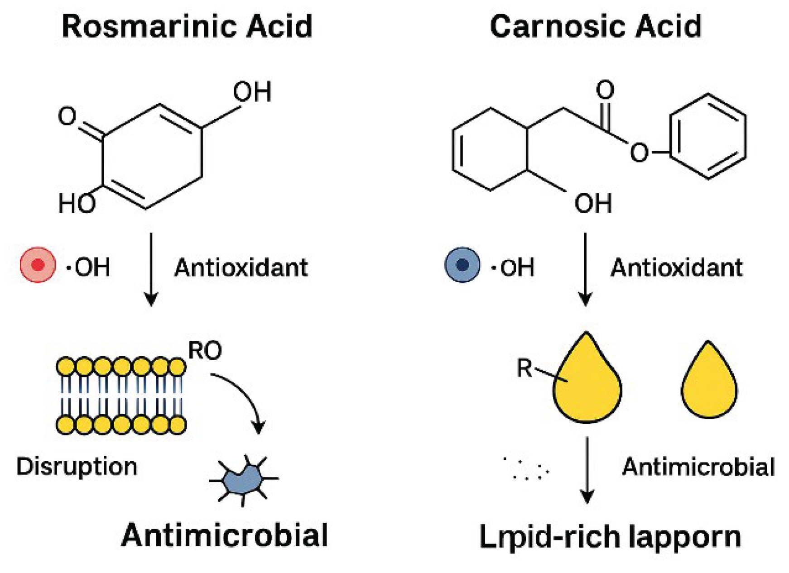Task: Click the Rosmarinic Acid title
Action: [187, 26]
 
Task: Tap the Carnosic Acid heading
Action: [596, 26]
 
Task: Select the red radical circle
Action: [38, 265]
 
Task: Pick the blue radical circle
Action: [462, 265]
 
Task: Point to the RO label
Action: [205, 350]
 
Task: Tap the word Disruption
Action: [77, 466]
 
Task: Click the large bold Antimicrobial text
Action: [224, 535]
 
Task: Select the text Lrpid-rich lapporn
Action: [610, 537]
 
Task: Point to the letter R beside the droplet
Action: [524, 368]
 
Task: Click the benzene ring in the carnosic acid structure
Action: [707, 137]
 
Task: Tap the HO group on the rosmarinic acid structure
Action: [77, 203]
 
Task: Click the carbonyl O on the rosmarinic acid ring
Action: [67, 116]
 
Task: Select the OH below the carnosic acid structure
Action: [593, 203]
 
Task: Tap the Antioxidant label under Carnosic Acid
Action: [676, 267]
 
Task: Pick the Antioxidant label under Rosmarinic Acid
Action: [241, 267]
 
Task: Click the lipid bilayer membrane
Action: [121, 396]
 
